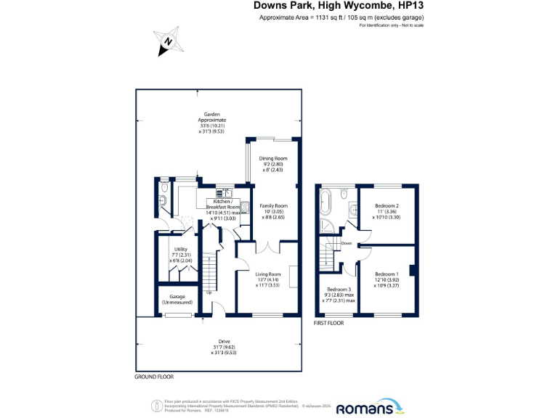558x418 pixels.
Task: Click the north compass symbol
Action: [x=167, y=41]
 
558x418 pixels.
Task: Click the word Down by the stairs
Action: [x=347, y=244]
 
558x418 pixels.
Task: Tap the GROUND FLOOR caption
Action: [x=154, y=377]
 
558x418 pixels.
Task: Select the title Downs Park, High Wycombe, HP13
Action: [x=339, y=6]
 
